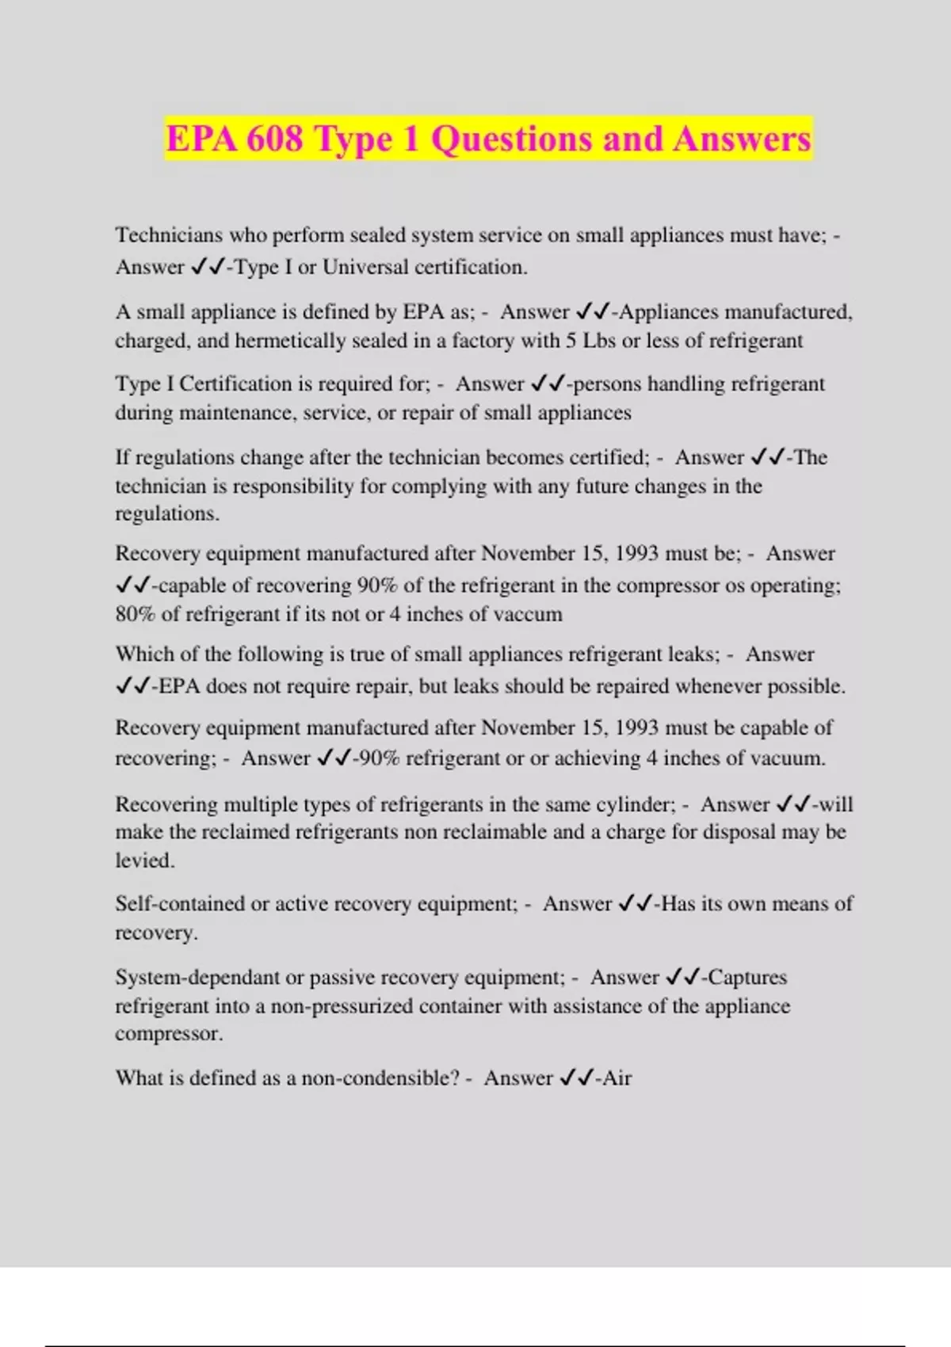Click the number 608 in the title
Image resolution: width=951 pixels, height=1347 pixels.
(274, 139)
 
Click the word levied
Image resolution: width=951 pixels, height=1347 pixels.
(144, 860)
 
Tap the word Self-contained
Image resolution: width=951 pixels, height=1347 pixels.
(180, 904)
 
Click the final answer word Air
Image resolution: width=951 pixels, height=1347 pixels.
(617, 1078)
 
